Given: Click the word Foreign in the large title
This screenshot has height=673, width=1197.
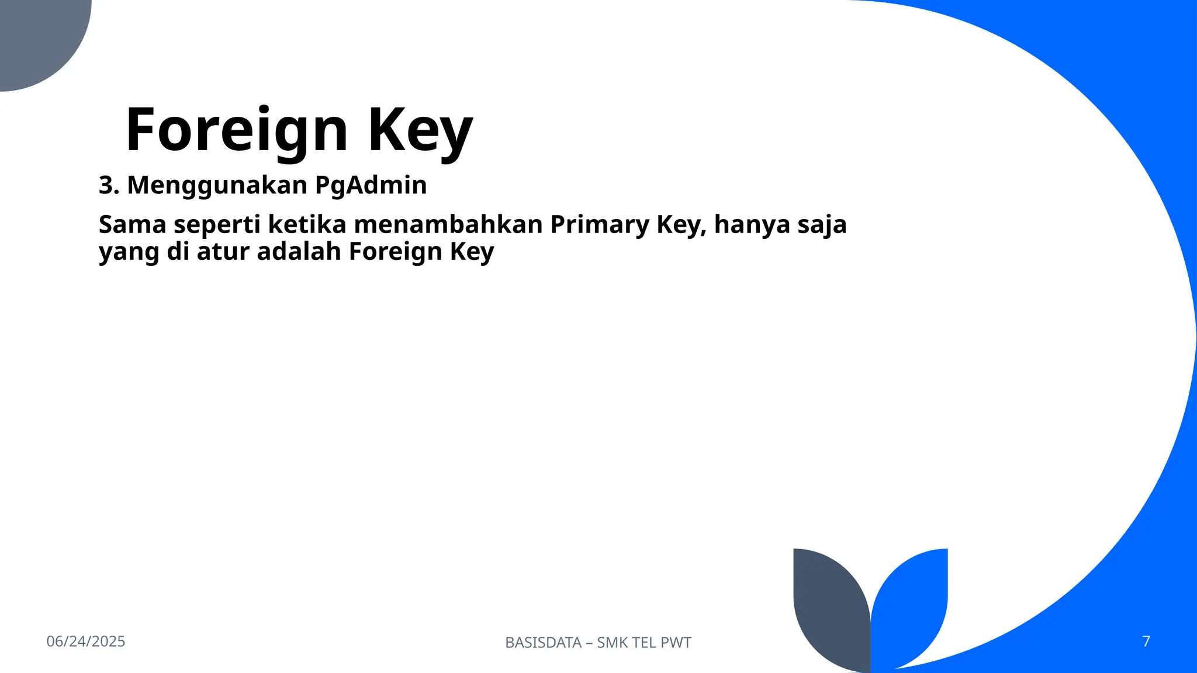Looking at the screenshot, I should [237, 130].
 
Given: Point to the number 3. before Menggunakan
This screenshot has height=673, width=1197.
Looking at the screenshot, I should [109, 185].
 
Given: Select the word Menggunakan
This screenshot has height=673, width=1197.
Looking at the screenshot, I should [217, 185].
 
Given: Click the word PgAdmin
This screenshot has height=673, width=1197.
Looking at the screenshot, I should [371, 185].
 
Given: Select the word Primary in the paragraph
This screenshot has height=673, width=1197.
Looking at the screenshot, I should [599, 224].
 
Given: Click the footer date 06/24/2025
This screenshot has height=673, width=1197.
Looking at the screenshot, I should [86, 641].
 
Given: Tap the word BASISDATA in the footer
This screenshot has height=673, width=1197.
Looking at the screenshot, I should [543, 643].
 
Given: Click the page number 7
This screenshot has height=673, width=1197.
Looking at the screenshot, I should [1146, 641].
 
